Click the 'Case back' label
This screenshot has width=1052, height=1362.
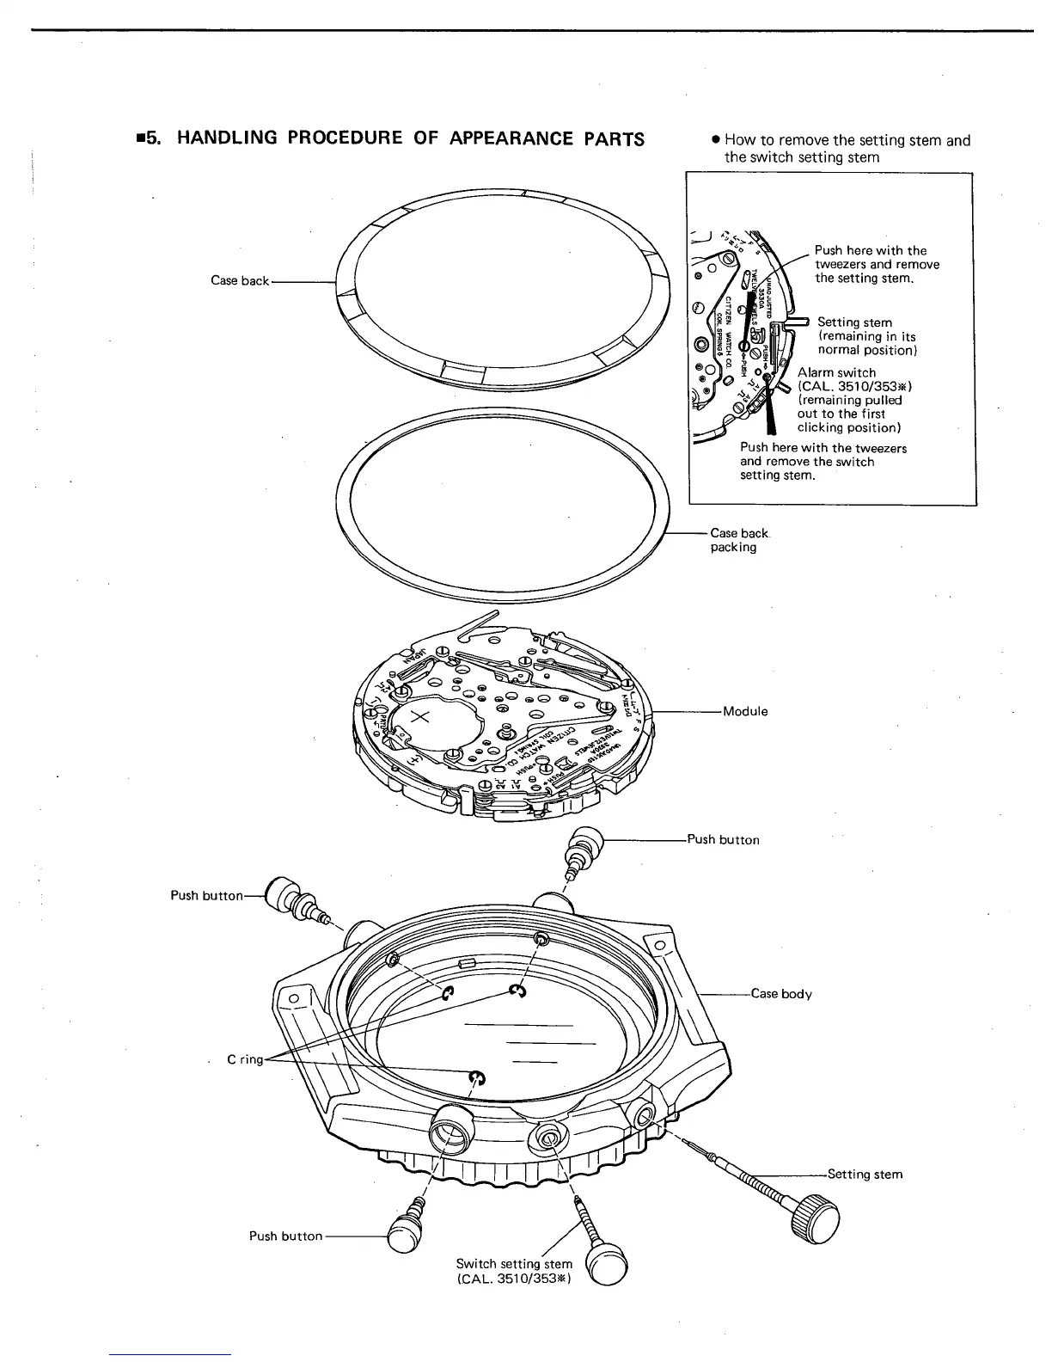(240, 281)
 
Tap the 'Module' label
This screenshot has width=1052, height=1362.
(744, 711)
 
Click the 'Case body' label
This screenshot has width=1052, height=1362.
(780, 994)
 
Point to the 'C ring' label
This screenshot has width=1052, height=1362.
(245, 1059)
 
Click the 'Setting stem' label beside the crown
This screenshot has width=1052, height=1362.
(864, 1175)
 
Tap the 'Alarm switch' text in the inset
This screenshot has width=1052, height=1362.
(836, 373)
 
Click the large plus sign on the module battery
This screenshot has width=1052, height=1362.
(424, 718)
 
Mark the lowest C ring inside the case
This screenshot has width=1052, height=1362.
(477, 1078)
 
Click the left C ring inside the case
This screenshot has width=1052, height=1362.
(447, 994)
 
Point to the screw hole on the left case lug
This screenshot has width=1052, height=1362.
(293, 998)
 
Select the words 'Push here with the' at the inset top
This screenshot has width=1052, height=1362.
(870, 251)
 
